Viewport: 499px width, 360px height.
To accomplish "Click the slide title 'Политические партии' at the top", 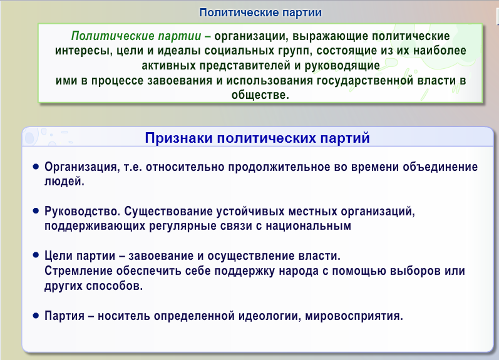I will coord(260,12).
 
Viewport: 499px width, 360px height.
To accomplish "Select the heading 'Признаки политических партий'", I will coord(257,138).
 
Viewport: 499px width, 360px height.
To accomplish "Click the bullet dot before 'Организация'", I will coord(36,167).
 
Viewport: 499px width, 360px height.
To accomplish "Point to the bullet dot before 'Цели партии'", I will coord(36,256).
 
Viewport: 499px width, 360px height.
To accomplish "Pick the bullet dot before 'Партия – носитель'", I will coord(36,315).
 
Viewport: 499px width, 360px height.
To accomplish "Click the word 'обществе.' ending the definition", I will coord(260,95).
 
